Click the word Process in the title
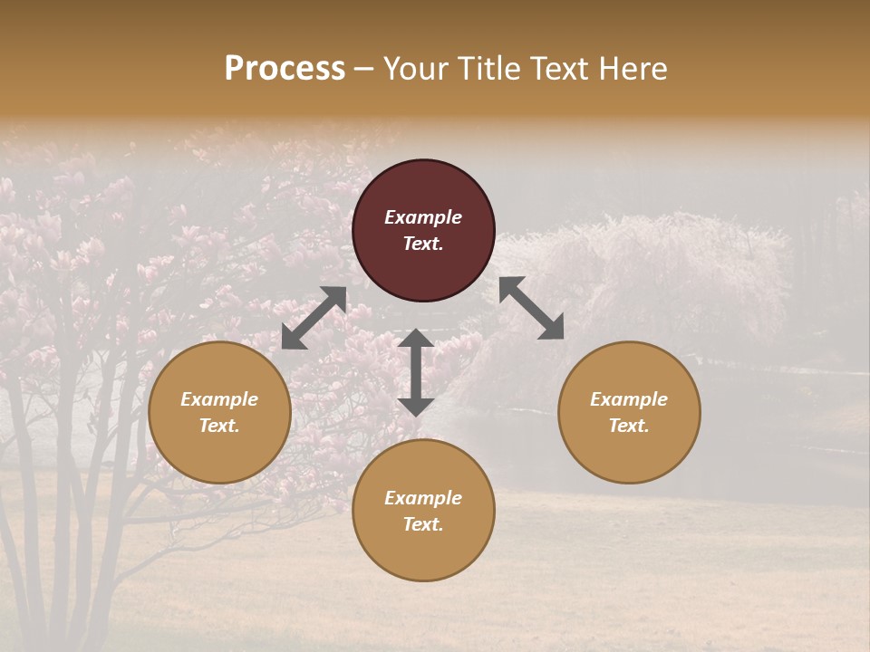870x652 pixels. pos(285,69)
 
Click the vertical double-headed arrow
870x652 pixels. pos(415,372)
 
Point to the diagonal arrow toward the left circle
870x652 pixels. pos(314,318)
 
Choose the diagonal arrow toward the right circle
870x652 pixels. pos(531,308)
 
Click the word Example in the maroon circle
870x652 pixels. pos(423,217)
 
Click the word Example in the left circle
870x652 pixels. pos(219,399)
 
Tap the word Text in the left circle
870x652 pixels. pos(219,426)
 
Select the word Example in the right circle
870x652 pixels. pos(629,399)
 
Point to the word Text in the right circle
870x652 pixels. pos(629,426)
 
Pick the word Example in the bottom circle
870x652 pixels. pos(423,498)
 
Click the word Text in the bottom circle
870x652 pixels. pos(423,524)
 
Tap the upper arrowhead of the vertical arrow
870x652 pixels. pos(415,340)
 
